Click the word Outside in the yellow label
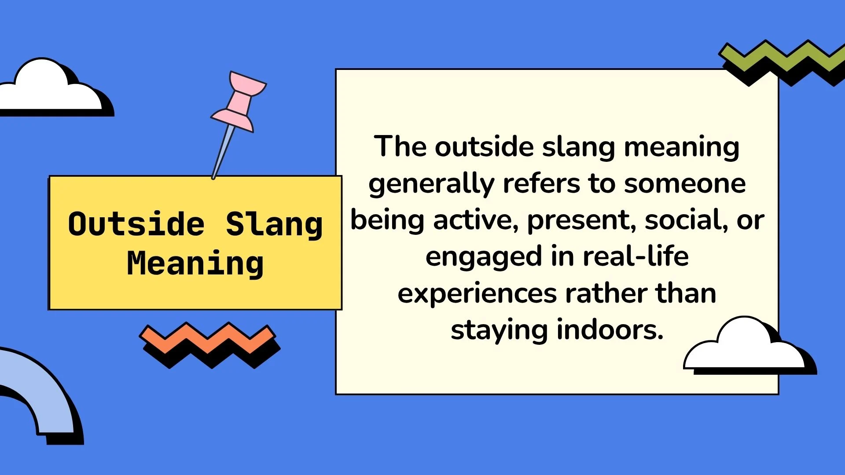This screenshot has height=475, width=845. coord(136,224)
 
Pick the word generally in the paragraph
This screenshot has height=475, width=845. coord(431,184)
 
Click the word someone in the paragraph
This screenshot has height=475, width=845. coord(685,184)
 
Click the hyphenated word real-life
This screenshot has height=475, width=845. coord(636,256)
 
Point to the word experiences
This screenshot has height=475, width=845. coord(477,294)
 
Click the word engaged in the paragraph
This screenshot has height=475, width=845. coord(483,258)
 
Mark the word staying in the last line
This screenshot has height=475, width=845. coord(499,331)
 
